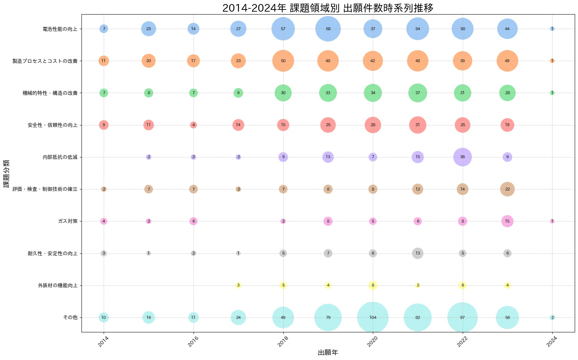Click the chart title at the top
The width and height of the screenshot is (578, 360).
coord(328,8)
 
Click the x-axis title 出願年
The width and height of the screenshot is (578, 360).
coord(328,352)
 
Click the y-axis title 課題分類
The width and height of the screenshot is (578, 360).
coord(6,173)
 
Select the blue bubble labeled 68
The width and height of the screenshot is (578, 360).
coord(328,29)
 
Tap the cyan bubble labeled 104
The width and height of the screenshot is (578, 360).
coord(373,317)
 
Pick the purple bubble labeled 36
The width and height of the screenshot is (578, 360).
coord(462,157)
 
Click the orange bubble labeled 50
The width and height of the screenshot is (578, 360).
coord(283,61)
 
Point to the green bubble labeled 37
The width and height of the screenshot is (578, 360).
coord(418,93)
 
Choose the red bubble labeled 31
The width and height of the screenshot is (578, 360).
coord(418,125)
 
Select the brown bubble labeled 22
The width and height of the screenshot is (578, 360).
coord(507,189)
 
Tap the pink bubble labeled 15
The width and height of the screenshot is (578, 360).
coord(507,221)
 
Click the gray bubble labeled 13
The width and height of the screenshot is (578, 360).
coord(418,253)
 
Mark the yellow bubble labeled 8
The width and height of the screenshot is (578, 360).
coord(373,285)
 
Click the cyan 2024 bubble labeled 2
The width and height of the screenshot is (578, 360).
coord(552,317)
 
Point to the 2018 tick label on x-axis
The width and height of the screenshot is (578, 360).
coord(283,341)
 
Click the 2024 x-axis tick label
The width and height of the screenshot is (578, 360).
coord(552,341)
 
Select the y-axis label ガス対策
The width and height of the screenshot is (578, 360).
coord(68,221)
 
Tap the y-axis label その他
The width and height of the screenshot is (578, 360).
coord(70,317)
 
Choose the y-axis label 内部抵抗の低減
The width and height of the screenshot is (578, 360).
coord(60,157)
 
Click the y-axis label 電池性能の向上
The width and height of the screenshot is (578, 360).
coord(60,29)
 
